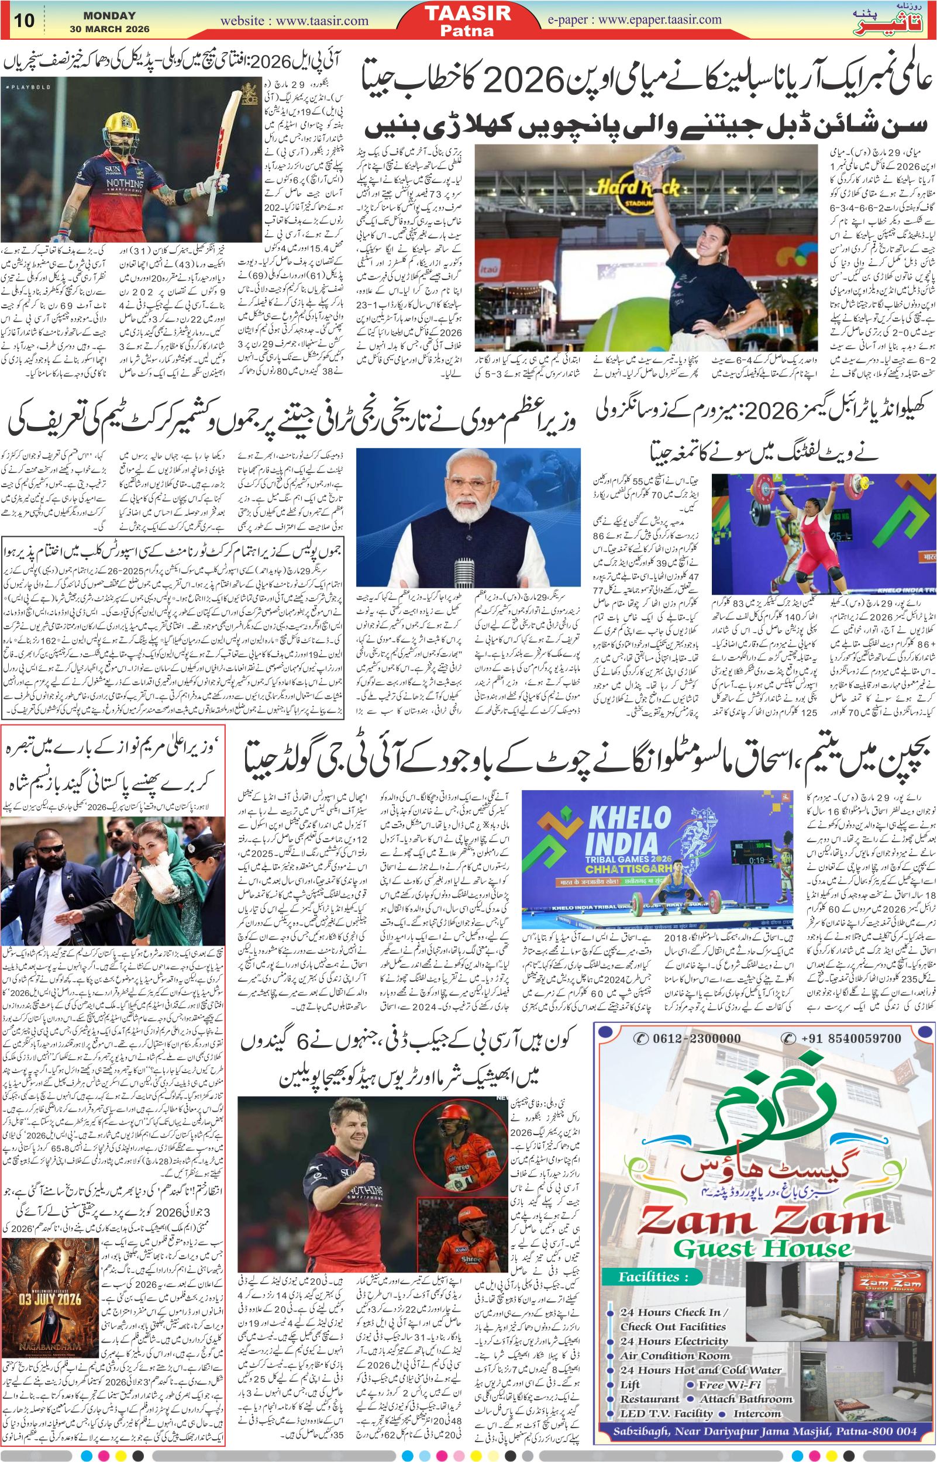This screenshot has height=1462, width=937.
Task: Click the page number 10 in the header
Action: click(25, 20)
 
